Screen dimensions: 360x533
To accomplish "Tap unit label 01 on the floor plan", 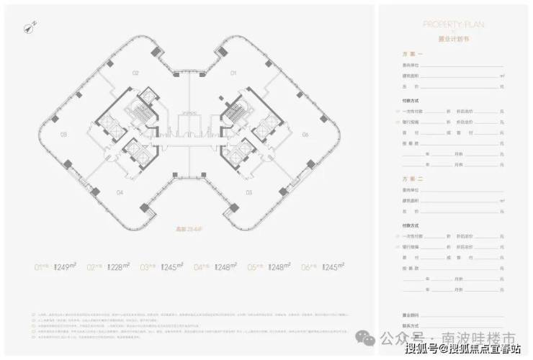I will pos(233,73).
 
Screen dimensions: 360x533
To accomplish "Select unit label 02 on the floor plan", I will pos(134,73).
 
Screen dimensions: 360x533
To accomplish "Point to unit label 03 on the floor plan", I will pos(63,135).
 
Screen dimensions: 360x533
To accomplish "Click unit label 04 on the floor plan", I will pos(120,192).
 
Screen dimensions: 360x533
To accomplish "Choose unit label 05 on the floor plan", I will pos(248,192).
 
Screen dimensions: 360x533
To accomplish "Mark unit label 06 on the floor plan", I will pos(305,135).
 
